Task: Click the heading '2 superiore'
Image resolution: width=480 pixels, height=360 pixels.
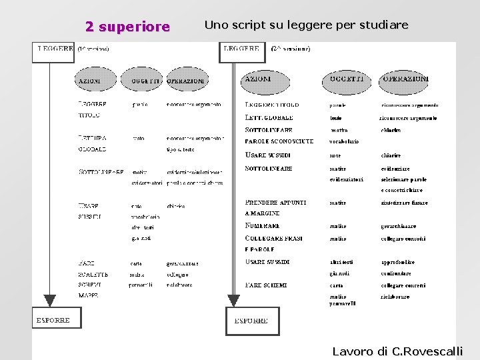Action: [127, 27]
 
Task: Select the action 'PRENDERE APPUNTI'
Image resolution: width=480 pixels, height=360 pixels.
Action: [276, 202]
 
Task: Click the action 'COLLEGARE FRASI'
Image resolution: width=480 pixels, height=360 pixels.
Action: [275, 238]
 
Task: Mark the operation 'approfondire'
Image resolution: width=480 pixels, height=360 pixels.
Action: [398, 262]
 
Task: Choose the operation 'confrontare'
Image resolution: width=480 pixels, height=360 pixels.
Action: [397, 273]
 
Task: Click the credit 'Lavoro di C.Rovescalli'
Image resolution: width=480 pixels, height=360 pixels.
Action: [397, 351]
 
